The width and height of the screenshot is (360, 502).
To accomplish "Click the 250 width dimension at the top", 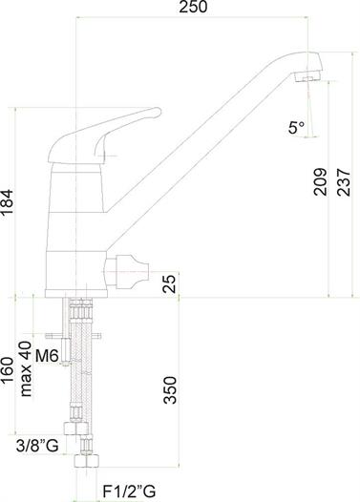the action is click(x=193, y=7).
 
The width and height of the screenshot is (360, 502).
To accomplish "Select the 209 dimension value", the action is click(x=320, y=181).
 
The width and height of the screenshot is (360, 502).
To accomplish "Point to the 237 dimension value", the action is click(x=344, y=182).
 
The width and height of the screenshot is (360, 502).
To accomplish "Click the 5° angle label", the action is click(x=296, y=128).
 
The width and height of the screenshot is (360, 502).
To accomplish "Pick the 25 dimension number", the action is click(x=169, y=283).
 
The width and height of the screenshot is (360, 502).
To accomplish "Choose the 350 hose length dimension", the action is click(x=170, y=390).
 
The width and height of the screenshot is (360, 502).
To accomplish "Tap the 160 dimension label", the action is click(x=7, y=369).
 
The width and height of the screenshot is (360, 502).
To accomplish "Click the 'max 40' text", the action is click(x=26, y=368).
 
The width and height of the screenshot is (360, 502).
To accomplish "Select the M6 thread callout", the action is click(x=47, y=356).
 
